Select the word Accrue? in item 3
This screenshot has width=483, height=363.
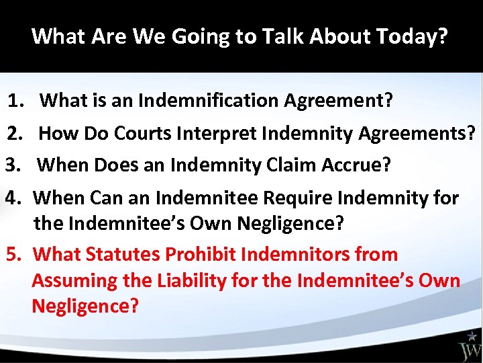tap(356, 165)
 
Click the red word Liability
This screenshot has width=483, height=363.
tap(192, 280)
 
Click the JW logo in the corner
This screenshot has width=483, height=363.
tap(470, 346)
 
